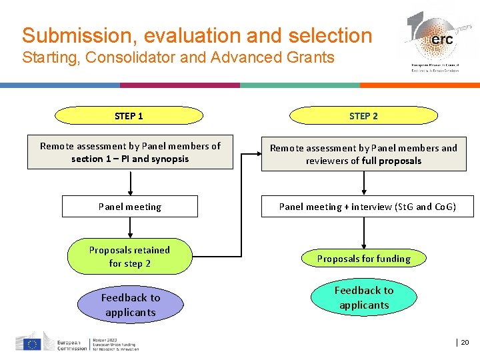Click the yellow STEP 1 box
(129, 116)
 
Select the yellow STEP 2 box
(363, 116)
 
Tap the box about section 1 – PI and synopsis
(130, 152)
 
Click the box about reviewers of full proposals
(363, 154)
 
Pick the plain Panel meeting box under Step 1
(130, 207)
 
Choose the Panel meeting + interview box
(367, 207)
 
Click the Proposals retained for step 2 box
(129, 257)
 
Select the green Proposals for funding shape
(363, 259)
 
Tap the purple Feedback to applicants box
(131, 305)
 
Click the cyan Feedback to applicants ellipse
(363, 297)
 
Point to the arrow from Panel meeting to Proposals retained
(130, 228)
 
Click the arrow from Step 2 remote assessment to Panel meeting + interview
(364, 183)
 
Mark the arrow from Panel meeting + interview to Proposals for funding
(364, 233)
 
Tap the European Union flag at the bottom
(31, 344)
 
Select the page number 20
(465, 343)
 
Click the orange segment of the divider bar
(420, 85)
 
